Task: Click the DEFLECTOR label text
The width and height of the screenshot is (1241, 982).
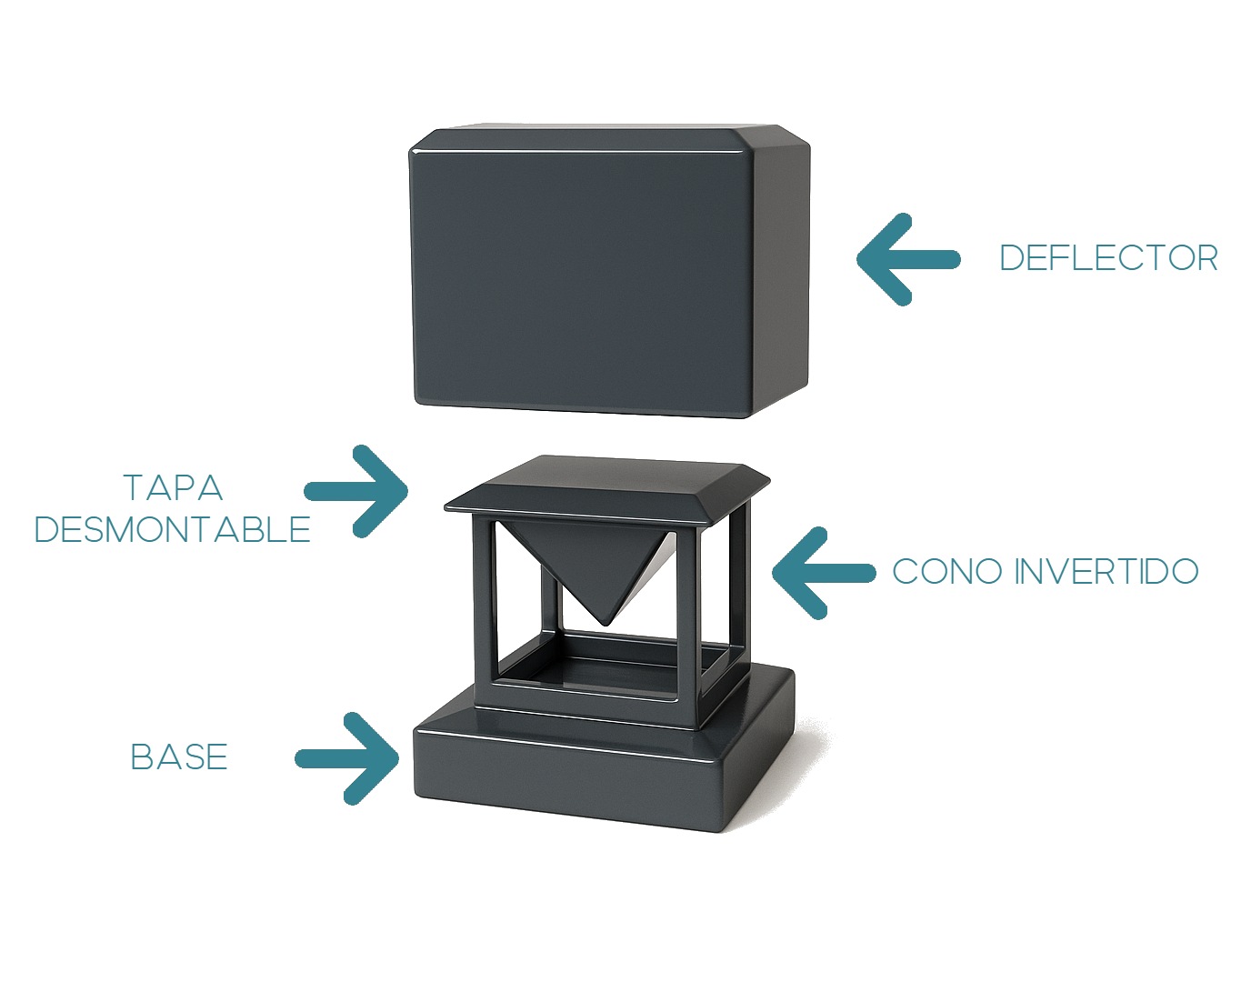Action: [1108, 258]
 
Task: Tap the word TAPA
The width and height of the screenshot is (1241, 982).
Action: [173, 488]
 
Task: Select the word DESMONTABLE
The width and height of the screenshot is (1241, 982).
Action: [173, 529]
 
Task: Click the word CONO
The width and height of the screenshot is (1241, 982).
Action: [947, 572]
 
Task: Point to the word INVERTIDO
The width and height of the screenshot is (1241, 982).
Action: [1106, 572]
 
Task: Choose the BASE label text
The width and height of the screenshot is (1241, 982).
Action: [179, 757]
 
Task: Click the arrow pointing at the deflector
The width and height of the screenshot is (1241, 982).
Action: [906, 259]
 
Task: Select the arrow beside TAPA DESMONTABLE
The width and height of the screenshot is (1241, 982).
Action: [358, 491]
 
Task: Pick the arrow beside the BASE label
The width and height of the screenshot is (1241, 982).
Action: [349, 758]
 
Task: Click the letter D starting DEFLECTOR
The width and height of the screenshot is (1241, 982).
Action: [1010, 258]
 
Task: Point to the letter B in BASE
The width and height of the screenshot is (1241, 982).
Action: [142, 757]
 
